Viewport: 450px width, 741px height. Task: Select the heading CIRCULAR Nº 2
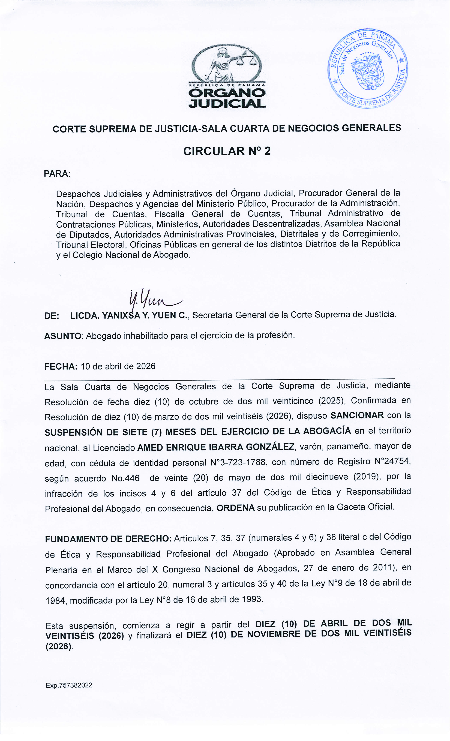[x=227, y=151]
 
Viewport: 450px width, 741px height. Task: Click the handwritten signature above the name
[x=153, y=299]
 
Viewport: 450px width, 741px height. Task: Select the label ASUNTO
[x=63, y=336]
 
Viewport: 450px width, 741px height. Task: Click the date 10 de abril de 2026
[x=118, y=366]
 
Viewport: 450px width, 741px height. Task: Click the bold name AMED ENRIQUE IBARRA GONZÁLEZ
[x=216, y=447]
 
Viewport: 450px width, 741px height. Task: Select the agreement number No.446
[x=125, y=478]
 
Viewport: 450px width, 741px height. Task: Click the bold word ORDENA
[x=236, y=508]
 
